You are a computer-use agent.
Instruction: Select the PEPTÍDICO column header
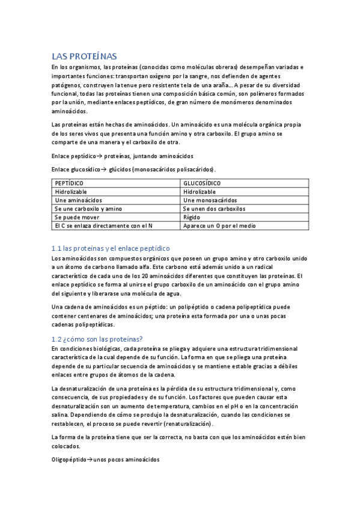69,183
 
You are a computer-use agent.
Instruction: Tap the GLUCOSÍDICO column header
202,183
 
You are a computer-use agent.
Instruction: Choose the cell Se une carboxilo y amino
88,208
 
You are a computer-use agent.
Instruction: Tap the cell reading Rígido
193,217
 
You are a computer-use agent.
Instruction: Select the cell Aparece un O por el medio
219,226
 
